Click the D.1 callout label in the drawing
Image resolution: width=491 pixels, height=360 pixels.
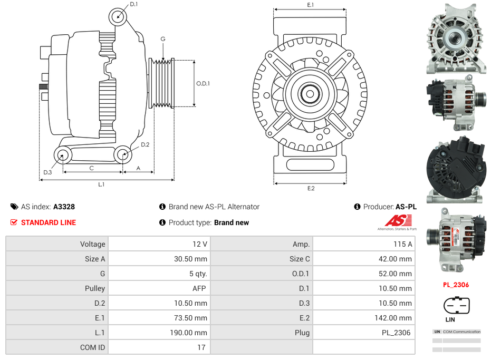pos(133,4)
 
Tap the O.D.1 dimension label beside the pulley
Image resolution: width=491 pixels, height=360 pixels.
pos(203,83)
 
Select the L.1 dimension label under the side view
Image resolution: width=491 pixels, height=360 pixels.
pos(101,184)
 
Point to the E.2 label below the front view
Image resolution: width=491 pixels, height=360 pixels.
pos(311,188)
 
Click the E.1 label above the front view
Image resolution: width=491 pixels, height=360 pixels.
pos(311,5)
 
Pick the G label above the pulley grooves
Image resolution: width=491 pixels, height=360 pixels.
pos(163,39)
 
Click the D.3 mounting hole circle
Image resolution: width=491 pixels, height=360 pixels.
pos(63,155)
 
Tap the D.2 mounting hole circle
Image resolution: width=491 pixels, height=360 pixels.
pos(123,155)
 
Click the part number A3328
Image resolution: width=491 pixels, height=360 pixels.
pos(64,207)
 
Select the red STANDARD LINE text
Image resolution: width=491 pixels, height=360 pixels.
pos(48,222)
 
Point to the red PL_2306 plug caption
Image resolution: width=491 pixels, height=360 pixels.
pos(456,285)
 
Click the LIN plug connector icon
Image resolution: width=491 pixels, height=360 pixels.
pos(457,305)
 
